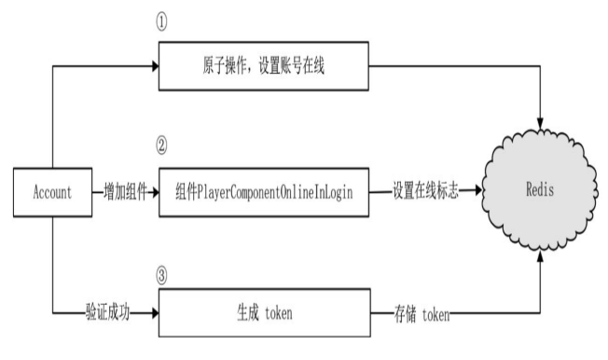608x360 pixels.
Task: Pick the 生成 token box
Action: [x=263, y=315]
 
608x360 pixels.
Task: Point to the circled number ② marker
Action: [x=164, y=147]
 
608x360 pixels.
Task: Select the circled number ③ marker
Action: [x=164, y=275]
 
